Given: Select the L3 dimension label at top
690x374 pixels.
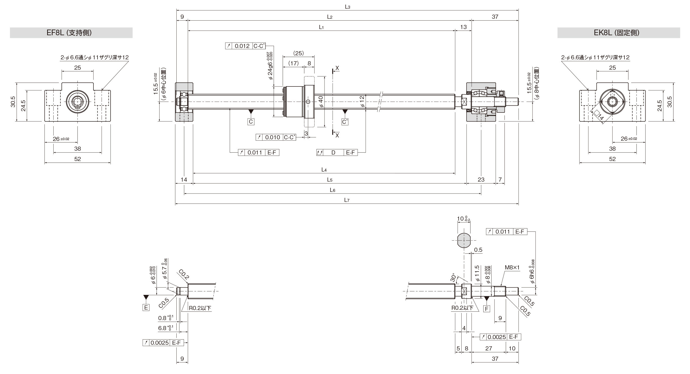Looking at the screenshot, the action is click(348, 7).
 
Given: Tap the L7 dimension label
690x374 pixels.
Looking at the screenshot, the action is click(347, 200).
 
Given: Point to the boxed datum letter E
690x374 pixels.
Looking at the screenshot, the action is click(146, 308).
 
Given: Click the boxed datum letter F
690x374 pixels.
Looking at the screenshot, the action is click(487, 309).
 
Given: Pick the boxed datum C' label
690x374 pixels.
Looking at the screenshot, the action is click(345, 122).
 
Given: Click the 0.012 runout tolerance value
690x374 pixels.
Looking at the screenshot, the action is click(242, 46).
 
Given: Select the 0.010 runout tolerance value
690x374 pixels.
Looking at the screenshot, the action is click(273, 137).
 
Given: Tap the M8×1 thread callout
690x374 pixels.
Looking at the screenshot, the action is click(512, 275).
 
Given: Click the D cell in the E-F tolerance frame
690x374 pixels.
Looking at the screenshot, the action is click(333, 153).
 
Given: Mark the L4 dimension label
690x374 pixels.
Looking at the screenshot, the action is click(324, 170).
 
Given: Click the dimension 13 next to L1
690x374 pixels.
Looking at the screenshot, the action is click(464, 27).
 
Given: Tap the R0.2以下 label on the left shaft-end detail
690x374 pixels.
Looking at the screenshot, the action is click(200, 308).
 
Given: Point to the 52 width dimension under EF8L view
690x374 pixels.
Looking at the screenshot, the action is click(77, 159).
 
